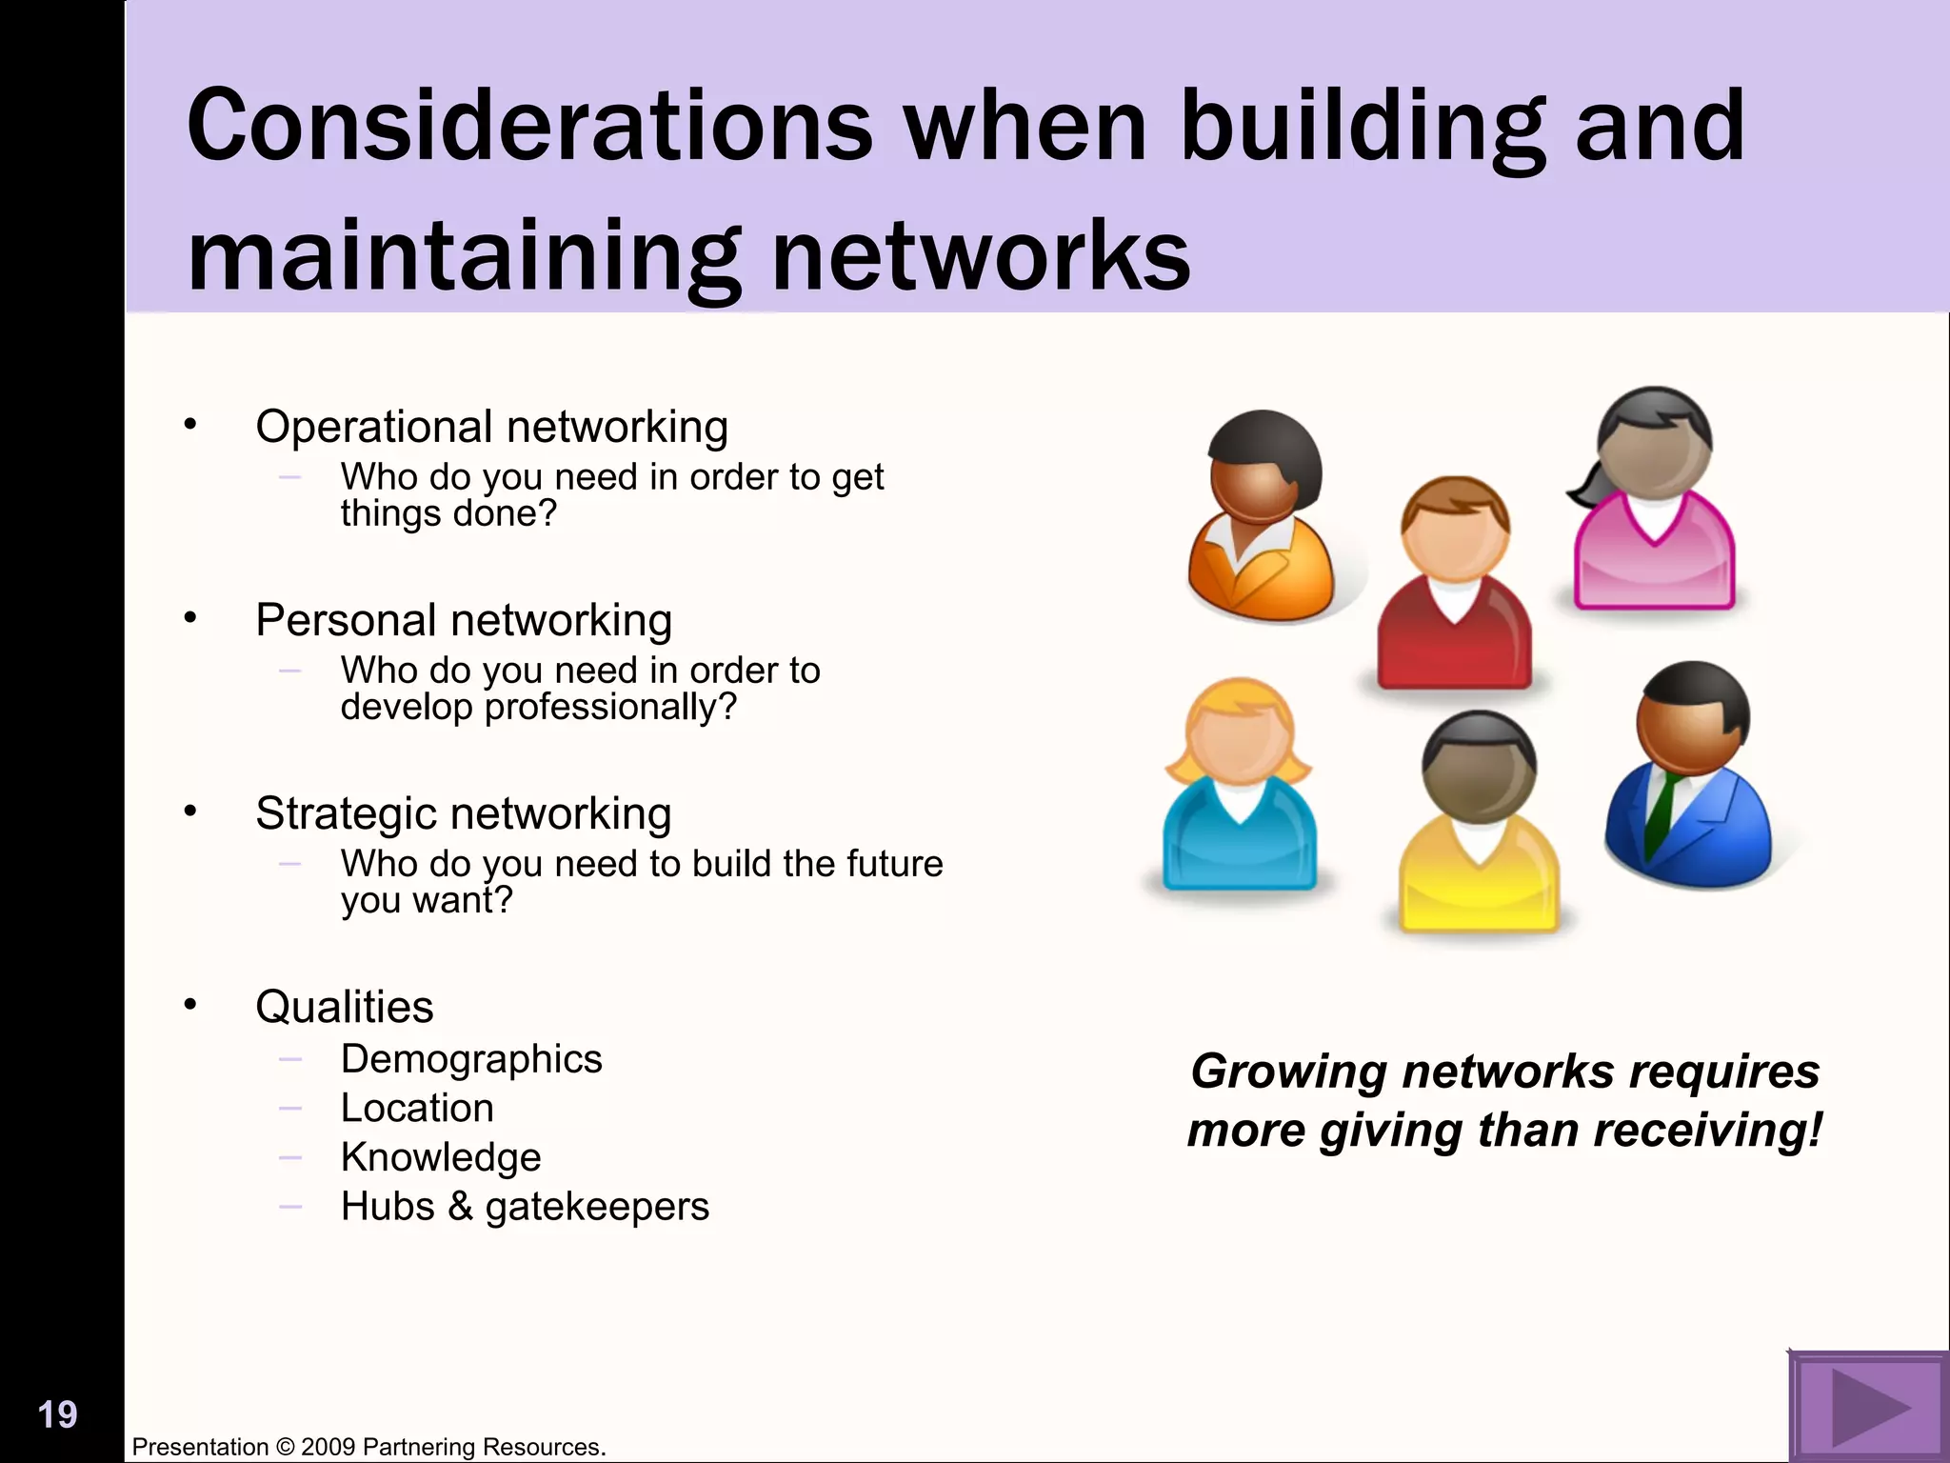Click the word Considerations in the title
pos(529,126)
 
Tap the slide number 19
pos(57,1414)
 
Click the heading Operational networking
pos(491,427)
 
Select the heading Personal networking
pos(464,620)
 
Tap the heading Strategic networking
pos(464,813)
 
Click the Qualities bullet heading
pos(344,1007)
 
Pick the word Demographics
pos(471,1059)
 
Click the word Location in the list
pos(417,1108)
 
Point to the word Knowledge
pos(441,1157)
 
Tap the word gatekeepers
pos(597,1207)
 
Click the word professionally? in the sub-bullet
pos(610,708)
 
